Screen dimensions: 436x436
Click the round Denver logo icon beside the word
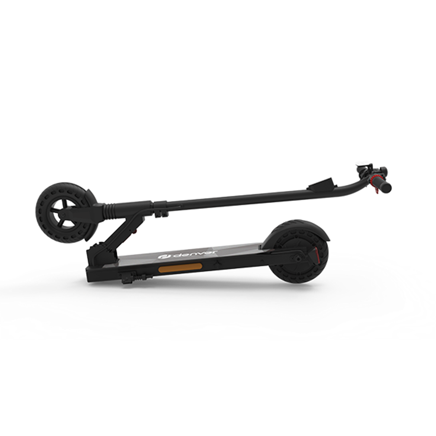(161, 257)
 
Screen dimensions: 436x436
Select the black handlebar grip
(385, 187)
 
